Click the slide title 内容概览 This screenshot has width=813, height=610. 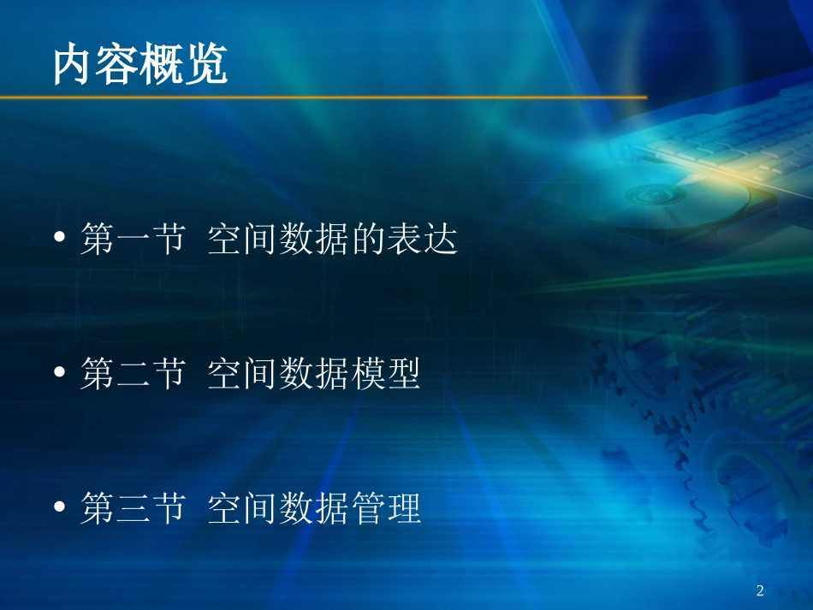(140, 65)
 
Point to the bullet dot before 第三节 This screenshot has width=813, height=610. (60, 508)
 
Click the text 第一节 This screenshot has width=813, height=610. (133, 239)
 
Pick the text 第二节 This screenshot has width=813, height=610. (133, 375)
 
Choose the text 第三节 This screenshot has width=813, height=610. (133, 510)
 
